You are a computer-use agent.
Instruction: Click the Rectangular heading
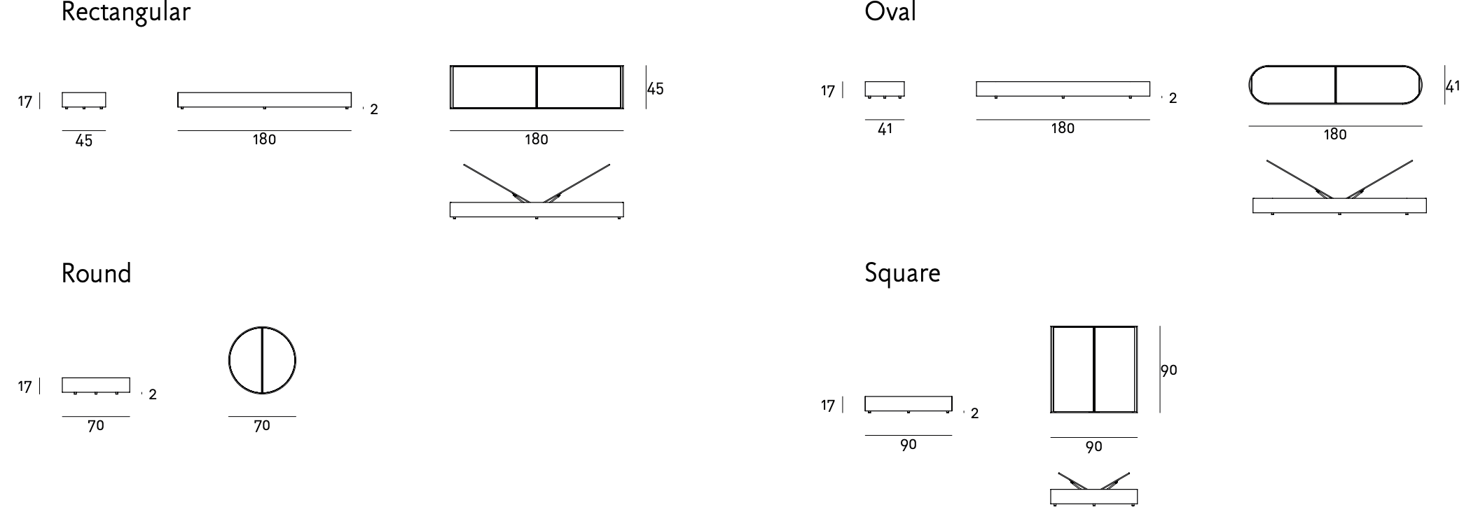pos(125,12)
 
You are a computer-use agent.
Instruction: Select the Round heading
pos(97,273)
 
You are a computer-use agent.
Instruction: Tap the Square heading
pos(902,273)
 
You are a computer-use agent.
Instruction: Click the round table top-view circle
pos(262,360)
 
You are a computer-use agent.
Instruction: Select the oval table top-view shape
pos(1335,85)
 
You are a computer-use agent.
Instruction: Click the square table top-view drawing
pos(1093,369)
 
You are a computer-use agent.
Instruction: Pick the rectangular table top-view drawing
pos(537,87)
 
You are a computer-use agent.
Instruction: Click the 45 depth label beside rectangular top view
pos(656,89)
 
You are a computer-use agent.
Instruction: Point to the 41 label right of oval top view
pos(1453,86)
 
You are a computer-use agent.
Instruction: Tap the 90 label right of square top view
pos(1169,370)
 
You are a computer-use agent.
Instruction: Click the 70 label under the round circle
pos(262,426)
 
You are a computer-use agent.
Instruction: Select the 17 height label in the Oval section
pos(828,91)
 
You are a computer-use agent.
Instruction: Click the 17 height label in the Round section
pos(25,387)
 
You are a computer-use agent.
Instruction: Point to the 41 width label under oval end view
pos(885,130)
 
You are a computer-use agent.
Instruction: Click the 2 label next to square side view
pos(974,413)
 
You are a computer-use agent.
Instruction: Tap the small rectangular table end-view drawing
pos(84,100)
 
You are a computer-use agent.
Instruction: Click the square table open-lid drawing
pos(1093,488)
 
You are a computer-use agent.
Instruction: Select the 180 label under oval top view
pos(1335,135)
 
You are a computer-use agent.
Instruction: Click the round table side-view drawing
pos(96,385)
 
